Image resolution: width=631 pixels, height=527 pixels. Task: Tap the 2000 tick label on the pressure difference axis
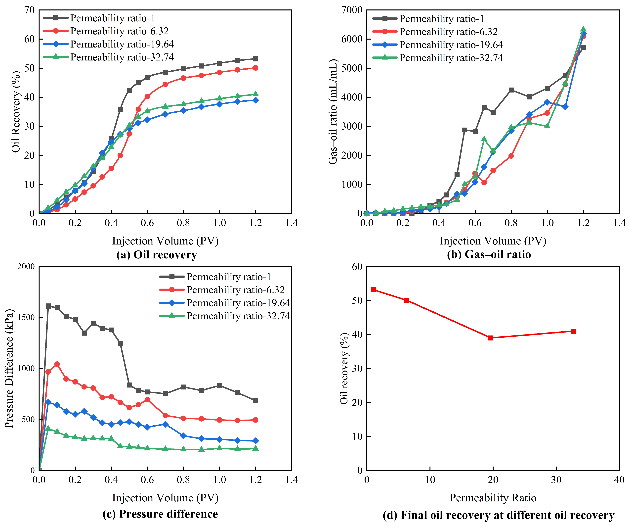tap(26, 267)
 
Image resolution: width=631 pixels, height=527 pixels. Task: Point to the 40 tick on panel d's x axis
tap(619, 479)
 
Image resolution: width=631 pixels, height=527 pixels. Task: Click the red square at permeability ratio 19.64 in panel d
tap(491, 338)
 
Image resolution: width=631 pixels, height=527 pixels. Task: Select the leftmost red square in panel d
tap(373, 289)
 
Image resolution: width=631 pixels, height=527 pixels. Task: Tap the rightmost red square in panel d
tap(573, 331)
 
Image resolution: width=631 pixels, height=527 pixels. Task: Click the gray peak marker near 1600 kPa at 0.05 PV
tap(48, 306)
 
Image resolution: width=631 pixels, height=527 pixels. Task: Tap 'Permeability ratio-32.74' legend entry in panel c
tap(225, 316)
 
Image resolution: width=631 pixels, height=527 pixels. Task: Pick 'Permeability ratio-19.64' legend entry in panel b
tap(437, 45)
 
